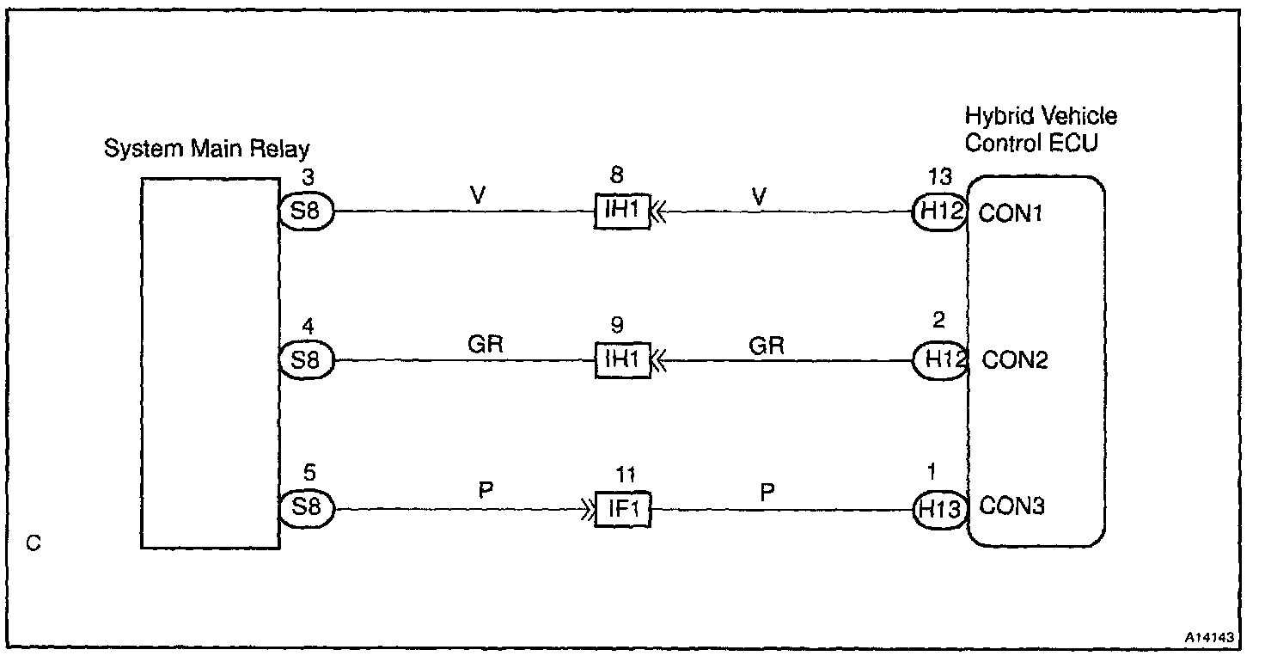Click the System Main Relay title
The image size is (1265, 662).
pos(206,149)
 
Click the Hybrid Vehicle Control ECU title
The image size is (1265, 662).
pos(1040,129)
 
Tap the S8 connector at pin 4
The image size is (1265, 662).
pos(306,360)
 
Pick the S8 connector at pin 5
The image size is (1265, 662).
pos(306,508)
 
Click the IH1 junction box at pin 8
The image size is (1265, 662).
pos(622,211)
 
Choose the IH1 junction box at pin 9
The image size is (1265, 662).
pos(622,360)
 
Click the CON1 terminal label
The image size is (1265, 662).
pos(1011,213)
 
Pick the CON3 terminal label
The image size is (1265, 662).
pos(1012,506)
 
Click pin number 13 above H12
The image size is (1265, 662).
pos(940,178)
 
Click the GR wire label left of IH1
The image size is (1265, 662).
pos(485,345)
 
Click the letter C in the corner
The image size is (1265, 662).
pos(34,544)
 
